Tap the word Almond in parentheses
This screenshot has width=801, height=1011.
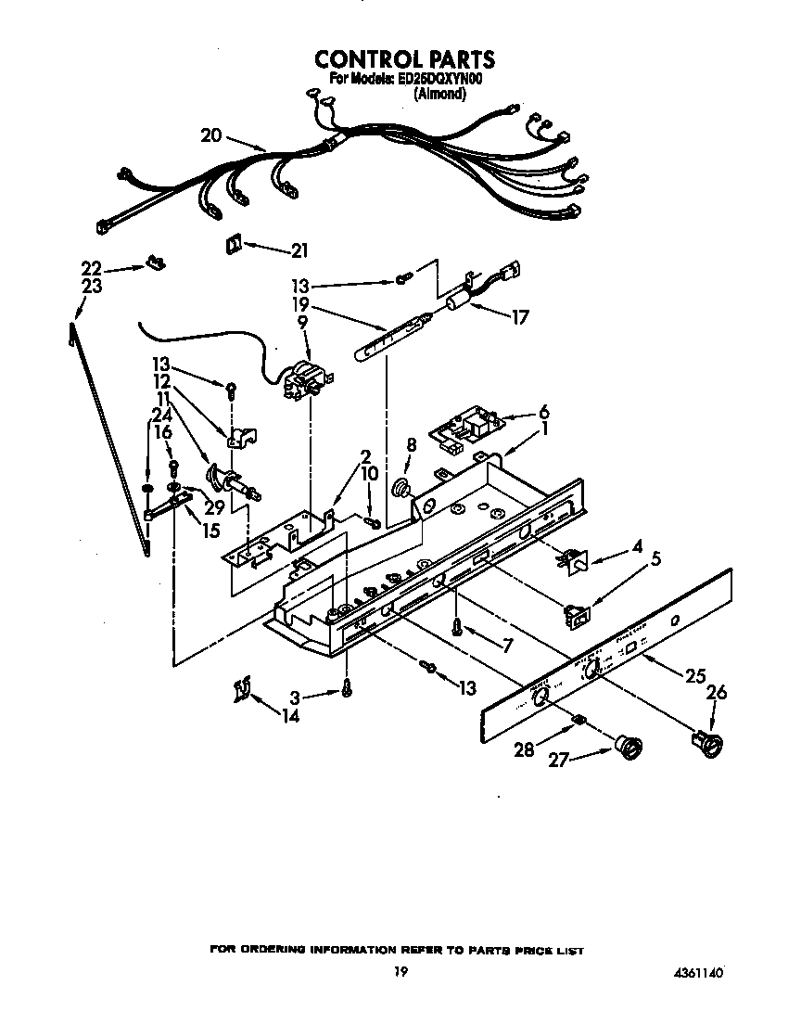(439, 94)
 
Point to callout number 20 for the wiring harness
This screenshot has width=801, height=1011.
(210, 135)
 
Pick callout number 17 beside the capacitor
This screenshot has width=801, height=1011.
(519, 317)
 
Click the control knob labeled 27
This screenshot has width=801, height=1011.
(631, 745)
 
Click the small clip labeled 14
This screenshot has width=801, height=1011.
(243, 690)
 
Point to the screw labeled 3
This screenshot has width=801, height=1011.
(346, 687)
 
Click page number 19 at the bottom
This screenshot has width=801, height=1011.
(400, 972)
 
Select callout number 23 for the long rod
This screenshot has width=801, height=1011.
(92, 287)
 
